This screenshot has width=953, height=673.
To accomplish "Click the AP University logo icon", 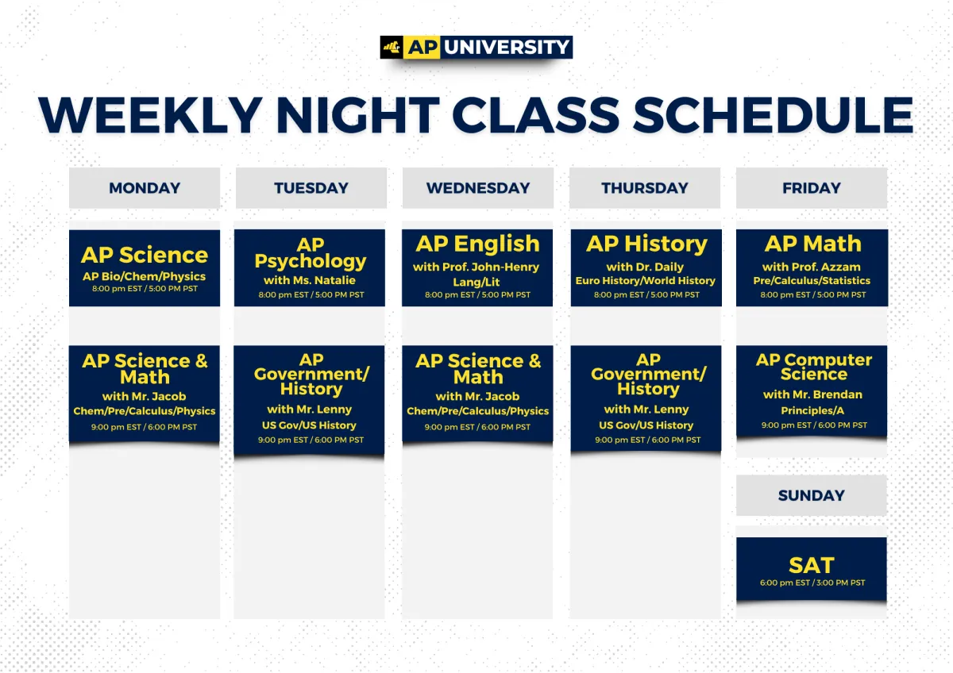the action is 392,47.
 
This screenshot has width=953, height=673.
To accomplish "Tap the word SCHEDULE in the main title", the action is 773,115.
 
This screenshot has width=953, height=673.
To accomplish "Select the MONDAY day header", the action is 145,188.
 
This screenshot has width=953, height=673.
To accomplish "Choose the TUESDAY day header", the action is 311,188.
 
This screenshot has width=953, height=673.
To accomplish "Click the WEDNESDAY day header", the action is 478,188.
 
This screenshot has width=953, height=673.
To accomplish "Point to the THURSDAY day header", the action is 645,188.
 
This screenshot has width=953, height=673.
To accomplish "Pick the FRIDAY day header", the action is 812,188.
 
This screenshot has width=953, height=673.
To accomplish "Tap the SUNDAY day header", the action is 812,495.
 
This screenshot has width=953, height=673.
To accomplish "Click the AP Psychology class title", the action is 311,253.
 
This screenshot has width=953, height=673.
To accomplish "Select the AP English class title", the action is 478,244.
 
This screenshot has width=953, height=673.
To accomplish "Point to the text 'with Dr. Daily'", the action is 645,267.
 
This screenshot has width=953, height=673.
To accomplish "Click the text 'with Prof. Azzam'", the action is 812,267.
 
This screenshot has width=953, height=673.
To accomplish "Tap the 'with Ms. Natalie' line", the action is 310,280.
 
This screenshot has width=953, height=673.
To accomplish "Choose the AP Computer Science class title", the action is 814,367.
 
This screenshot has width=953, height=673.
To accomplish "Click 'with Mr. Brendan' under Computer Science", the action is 812,394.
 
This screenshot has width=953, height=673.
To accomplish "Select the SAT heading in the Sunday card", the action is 812,565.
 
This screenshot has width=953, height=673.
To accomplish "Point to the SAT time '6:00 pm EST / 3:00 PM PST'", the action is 812,583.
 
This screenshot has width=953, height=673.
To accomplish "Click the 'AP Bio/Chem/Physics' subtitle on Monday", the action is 145,277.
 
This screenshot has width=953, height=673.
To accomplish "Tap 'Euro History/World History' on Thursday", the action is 646,281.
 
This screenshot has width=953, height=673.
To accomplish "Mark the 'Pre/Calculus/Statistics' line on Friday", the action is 812,281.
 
